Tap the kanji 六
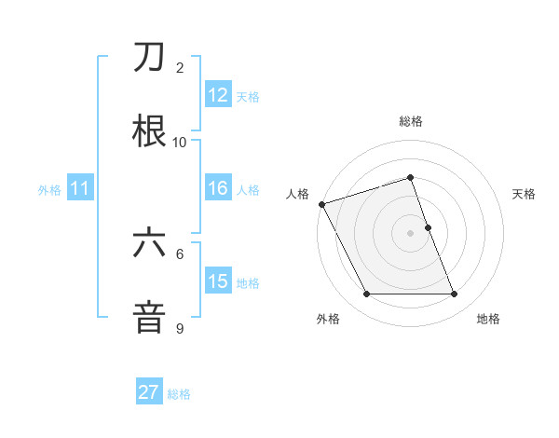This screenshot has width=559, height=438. point(150,243)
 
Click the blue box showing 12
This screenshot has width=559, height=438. point(217,95)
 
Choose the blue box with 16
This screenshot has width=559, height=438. point(217,188)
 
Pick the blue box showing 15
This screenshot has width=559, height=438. point(217,281)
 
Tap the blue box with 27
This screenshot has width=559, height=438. point(149,392)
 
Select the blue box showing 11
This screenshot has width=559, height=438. point(79,188)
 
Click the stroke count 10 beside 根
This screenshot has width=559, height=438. point(180,142)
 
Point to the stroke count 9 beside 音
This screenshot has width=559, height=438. point(180,328)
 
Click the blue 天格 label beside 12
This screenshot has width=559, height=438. point(248,96)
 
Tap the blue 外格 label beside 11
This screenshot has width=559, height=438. point(49,189)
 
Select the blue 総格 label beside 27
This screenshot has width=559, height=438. point(180,393)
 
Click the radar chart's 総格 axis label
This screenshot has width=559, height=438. point(411,121)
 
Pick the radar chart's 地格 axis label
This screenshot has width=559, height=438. point(488,319)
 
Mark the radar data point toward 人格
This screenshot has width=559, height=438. point(322,204)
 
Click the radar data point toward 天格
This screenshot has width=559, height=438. point(428,227)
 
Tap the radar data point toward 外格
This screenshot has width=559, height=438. point(366,294)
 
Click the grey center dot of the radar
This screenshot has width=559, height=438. point(411,233)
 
